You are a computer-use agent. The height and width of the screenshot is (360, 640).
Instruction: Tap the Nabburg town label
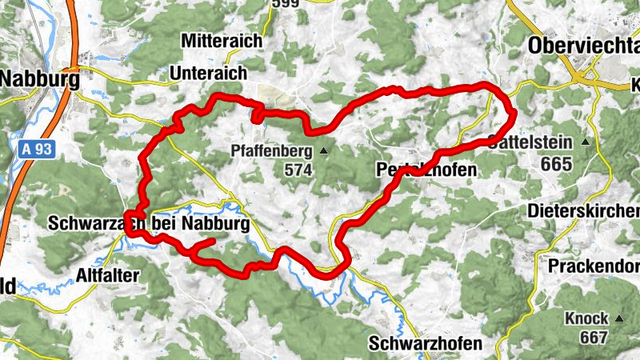(x=40, y=80)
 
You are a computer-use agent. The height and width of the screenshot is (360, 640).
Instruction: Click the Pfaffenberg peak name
(x=272, y=150)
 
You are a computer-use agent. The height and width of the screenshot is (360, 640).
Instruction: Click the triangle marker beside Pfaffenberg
(x=324, y=150)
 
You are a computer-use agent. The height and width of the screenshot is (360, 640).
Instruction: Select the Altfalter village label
(x=107, y=275)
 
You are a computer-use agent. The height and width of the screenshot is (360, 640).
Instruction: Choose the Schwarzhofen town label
(x=426, y=344)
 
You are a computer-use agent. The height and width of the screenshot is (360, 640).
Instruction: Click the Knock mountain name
(x=586, y=318)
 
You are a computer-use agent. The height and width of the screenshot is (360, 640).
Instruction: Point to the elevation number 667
(x=594, y=337)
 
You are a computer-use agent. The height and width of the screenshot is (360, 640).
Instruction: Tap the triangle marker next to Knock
(x=619, y=318)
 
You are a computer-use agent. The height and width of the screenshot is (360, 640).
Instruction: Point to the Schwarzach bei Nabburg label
(x=148, y=223)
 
